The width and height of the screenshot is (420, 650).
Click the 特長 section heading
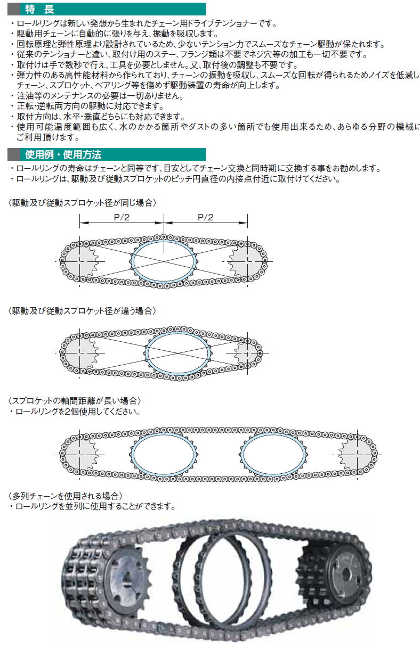pyautogui.click(x=39, y=9)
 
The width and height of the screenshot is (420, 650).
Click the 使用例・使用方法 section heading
pyautogui.click(x=63, y=154)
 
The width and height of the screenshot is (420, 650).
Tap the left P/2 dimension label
pyautogui.click(x=122, y=217)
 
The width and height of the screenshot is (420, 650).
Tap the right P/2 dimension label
pyautogui.click(x=205, y=217)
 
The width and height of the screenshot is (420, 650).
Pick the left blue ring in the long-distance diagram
pyautogui.click(x=132, y=455)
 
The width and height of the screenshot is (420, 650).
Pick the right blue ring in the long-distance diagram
pyautogui.click(x=242, y=455)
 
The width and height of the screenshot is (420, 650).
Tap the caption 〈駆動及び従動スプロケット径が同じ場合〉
pyautogui.click(x=82, y=202)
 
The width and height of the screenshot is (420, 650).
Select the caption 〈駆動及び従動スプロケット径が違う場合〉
pyautogui.click(x=82, y=311)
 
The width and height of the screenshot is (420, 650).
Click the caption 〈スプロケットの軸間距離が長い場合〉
pyautogui.click(x=75, y=401)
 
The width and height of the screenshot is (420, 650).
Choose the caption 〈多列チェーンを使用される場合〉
pyautogui.click(x=65, y=496)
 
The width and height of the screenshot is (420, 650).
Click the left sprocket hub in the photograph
pyautogui.click(x=125, y=584)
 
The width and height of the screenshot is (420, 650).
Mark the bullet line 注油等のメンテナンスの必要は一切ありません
pyautogui.click(x=97, y=96)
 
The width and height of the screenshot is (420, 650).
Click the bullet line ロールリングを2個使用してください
pyautogui.click(x=75, y=412)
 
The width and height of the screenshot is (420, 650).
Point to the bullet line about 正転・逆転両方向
pyautogui.click(x=87, y=106)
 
